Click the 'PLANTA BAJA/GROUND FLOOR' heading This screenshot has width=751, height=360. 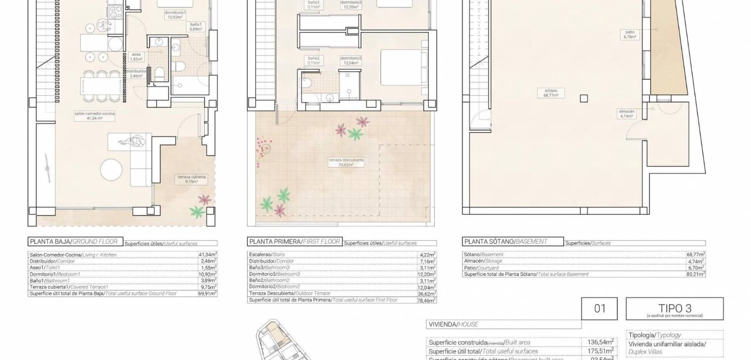pos(74,242)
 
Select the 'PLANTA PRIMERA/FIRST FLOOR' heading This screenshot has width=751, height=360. pos(294,242)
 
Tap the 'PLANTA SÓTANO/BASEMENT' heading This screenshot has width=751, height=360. pos(506,242)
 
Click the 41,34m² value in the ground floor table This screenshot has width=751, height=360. pos(207,255)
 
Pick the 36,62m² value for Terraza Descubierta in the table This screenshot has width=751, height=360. pos(427,293)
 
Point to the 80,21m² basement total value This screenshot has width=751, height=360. pos(696,274)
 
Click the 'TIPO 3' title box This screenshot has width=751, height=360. pos(674,309)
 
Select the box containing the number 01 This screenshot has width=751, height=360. pos(600,309)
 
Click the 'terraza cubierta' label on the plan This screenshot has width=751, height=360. pos(192,177)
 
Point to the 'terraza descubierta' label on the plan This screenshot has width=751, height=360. pos(346,160)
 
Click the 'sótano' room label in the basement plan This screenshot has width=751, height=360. pos(551,91)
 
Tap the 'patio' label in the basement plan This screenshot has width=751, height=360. pos(630,32)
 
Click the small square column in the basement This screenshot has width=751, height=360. pos(583,99)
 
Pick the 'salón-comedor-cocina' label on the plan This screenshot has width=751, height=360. pos(94,114)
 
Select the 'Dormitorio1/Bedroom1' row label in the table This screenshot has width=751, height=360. pos(55,274)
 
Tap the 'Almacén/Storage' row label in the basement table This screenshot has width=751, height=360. pos(483,261)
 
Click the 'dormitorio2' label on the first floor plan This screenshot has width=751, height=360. pos(351,58)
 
